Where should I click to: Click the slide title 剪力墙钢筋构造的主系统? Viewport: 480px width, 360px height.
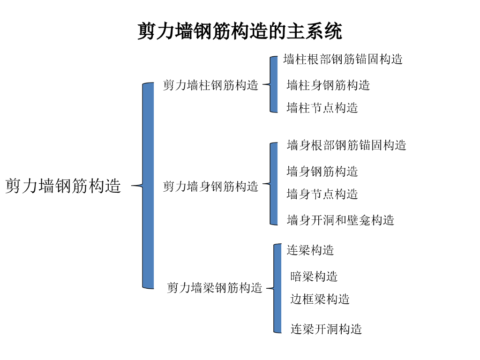pos(240,31)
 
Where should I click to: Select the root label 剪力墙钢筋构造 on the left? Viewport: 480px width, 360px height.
pos(63,186)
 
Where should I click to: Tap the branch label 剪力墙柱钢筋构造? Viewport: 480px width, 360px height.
pos(210,85)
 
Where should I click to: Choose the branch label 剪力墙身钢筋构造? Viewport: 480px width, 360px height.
pos(210,187)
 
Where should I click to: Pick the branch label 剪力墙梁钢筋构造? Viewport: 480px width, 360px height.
pos(215,288)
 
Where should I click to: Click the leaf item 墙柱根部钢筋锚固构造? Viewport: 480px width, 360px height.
pos(343,60)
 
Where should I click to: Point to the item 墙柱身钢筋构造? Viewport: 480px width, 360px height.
pos(328,85)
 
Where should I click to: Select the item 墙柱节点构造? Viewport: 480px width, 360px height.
pos(322,108)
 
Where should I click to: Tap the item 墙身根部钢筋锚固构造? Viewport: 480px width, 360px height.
pos(346,145)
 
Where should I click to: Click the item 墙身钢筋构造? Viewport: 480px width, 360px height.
pos(322,172)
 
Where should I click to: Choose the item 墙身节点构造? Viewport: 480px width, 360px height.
pos(322,194)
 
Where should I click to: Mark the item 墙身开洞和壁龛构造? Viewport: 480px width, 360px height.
pos(340,220)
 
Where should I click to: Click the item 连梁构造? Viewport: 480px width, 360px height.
pos(310,250)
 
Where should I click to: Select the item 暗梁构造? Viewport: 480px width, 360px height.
pos(314,277)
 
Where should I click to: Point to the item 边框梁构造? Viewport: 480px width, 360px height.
pos(320,299)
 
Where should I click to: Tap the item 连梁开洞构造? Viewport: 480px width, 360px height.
pos(326,329)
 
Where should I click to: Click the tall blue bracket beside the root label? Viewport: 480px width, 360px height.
pos(148,186)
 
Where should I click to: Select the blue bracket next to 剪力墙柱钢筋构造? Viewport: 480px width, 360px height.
pos(274,84)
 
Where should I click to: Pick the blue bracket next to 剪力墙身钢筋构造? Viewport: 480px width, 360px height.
pos(274,184)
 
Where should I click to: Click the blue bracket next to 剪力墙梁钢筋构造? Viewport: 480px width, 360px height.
pos(277,288)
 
